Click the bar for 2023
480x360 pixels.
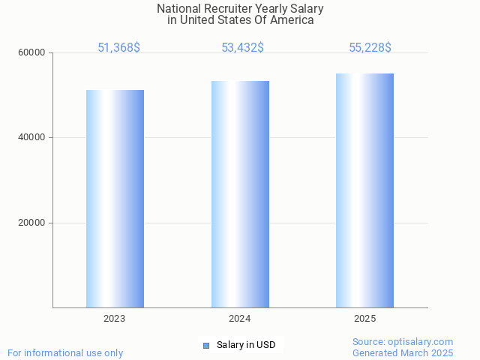115,199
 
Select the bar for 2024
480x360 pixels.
240,194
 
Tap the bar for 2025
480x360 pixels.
364,190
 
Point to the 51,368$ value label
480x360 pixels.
118,48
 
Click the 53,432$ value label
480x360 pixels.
242,48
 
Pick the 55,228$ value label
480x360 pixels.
370,48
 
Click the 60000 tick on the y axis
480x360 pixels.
32,53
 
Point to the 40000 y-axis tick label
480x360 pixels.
32,138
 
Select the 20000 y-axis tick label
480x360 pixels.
32,223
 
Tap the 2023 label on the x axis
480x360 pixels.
115,319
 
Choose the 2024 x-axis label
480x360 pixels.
240,319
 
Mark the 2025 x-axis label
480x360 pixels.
364,319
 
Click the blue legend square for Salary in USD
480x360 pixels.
206,345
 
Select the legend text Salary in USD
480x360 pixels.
246,345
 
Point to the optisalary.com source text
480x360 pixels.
403,341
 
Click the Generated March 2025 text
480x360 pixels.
403,352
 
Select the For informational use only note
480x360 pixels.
65,352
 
